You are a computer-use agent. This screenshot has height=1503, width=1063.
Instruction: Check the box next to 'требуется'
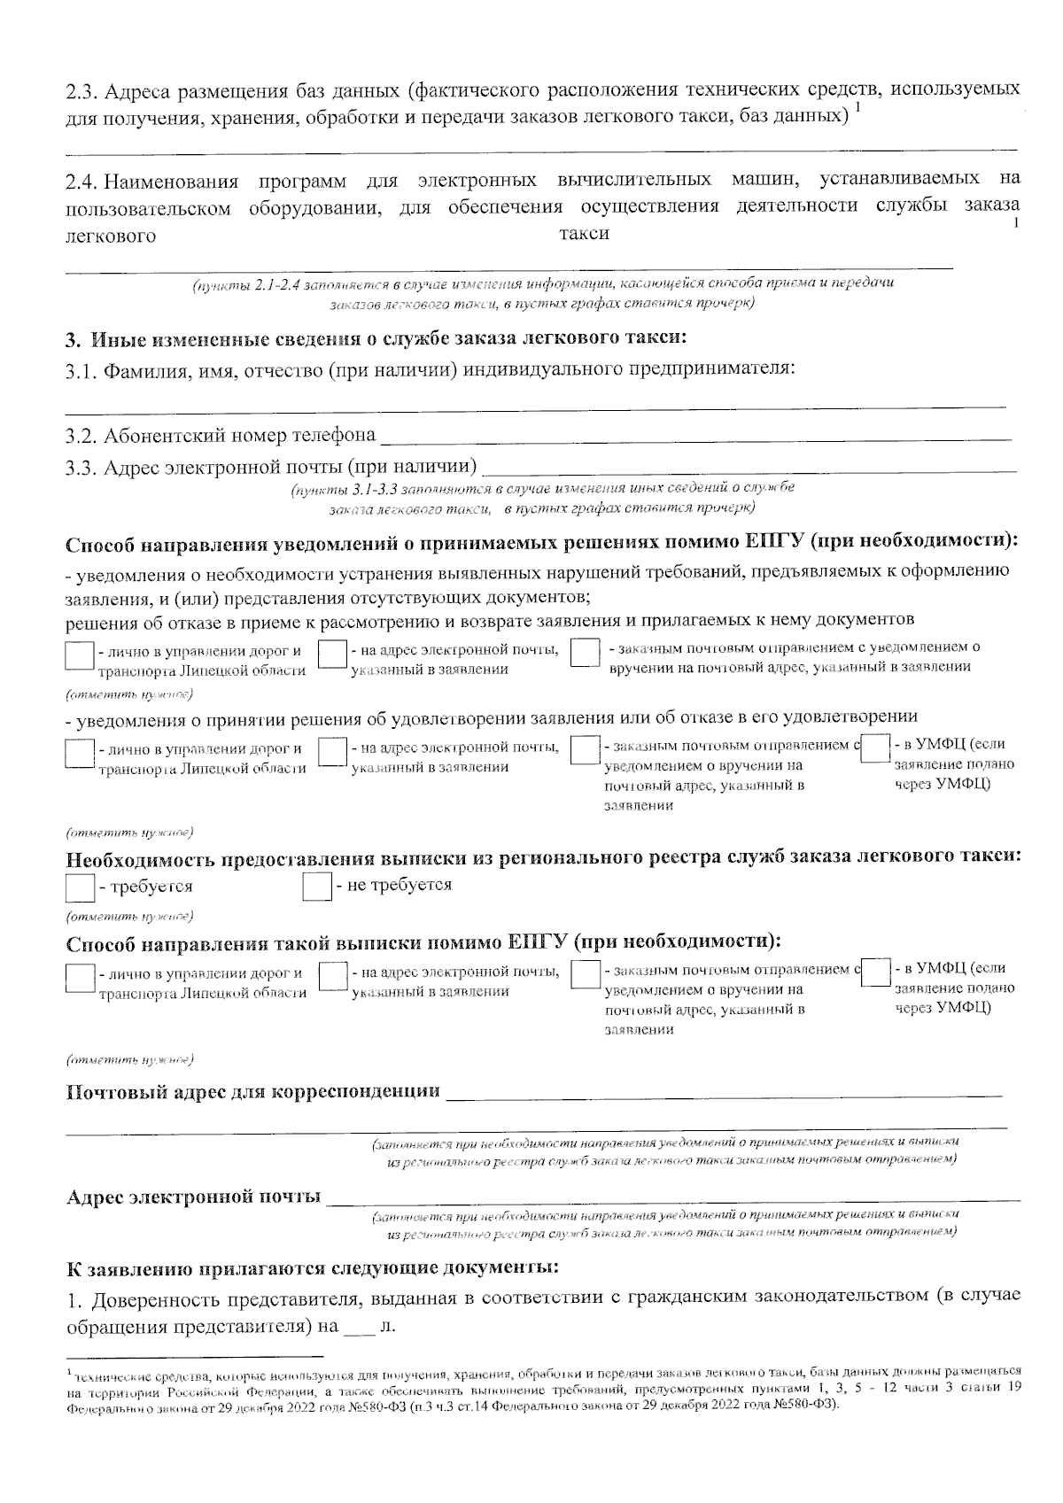(81, 887)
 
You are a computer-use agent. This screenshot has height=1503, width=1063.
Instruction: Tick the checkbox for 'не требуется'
(316, 887)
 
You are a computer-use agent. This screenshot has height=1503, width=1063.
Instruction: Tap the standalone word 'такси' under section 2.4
(585, 233)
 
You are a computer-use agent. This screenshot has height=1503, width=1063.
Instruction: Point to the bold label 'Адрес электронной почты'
(194, 1198)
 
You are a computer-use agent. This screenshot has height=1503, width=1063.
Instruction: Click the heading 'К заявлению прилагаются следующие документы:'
(313, 1268)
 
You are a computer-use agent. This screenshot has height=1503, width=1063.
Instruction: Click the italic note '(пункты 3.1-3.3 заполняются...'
(541, 498)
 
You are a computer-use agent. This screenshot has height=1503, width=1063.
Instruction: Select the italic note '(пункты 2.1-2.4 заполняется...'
(543, 293)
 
